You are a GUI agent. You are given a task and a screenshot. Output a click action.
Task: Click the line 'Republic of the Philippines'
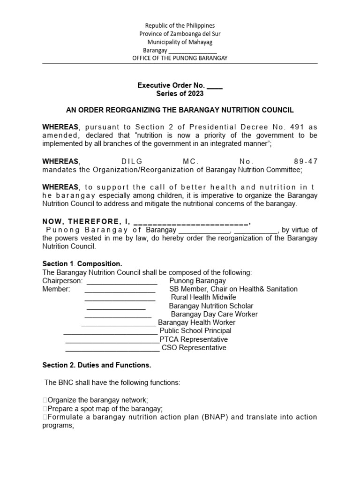(x=180, y=26)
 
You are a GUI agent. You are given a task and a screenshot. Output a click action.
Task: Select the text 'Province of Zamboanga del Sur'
(x=180, y=34)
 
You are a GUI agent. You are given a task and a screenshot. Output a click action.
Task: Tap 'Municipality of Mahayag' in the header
(x=180, y=42)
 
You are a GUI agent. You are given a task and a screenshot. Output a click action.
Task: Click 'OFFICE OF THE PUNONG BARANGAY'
(x=180, y=58)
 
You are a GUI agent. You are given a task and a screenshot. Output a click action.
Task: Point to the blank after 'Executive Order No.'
(x=215, y=86)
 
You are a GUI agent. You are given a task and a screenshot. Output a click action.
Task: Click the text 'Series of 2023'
(x=180, y=94)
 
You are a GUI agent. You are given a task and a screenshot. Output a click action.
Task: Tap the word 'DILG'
(x=132, y=161)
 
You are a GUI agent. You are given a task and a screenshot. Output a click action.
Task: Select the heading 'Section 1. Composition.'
(x=82, y=264)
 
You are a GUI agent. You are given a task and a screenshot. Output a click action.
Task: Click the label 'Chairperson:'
(x=62, y=281)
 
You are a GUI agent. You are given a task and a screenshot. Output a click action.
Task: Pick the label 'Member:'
(x=56, y=289)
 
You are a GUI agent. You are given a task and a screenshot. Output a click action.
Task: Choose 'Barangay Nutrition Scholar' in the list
(x=211, y=306)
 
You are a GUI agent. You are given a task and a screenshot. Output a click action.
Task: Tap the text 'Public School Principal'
(x=195, y=331)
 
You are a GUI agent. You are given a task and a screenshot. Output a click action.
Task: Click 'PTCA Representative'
(x=194, y=339)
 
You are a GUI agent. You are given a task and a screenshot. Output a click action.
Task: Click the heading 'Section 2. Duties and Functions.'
(x=97, y=365)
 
